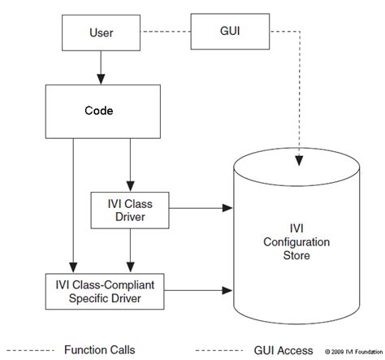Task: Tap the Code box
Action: (x=100, y=108)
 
